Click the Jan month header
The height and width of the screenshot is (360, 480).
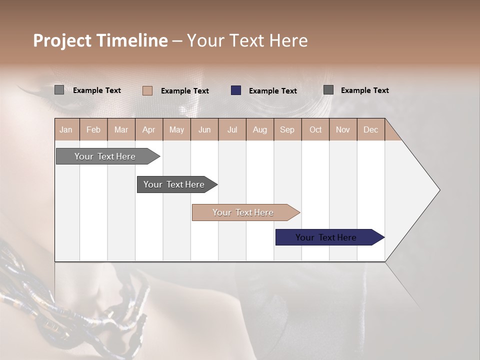[66, 129]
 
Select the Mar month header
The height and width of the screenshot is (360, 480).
[121, 129]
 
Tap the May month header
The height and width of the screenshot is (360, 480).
[176, 129]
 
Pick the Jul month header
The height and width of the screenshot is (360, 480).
[232, 129]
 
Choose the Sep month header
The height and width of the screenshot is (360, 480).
[287, 129]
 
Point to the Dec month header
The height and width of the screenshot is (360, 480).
[370, 129]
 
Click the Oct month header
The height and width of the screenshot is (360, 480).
[315, 129]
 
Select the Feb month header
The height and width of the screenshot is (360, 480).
[93, 129]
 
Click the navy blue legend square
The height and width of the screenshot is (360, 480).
[236, 90]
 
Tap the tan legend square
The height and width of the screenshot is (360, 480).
[147, 90]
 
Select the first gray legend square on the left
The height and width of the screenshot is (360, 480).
[59, 90]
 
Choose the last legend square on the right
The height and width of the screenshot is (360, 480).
[328, 90]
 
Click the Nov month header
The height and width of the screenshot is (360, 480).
[343, 129]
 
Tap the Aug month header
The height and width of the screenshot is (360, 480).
[259, 129]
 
